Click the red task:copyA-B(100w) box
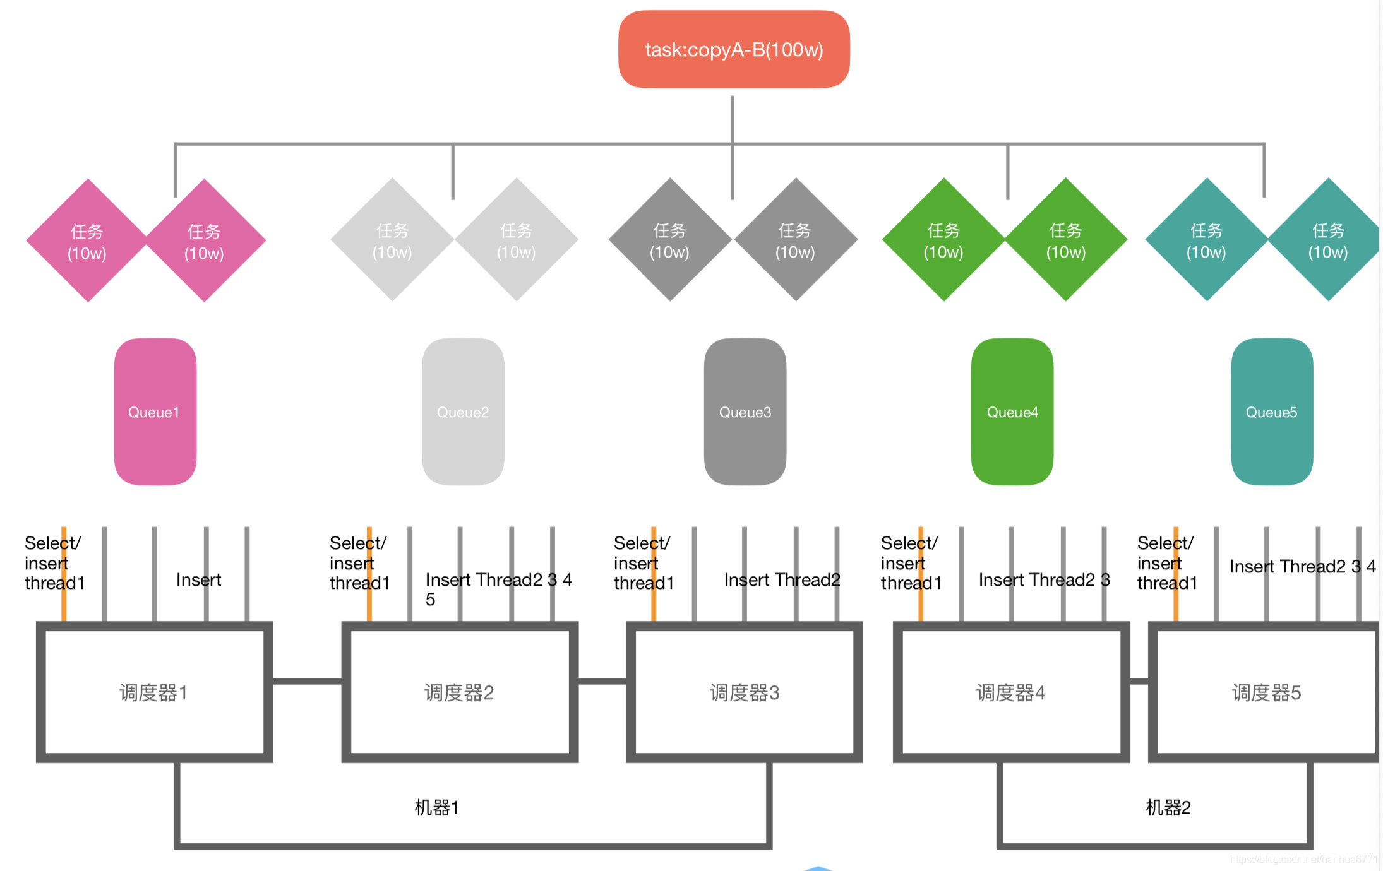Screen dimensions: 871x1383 pyautogui.click(x=734, y=49)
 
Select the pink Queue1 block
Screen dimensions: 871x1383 pyautogui.click(x=155, y=412)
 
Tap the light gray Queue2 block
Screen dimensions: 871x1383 pyautogui.click(x=463, y=412)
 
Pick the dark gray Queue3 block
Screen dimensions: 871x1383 pyautogui.click(x=745, y=412)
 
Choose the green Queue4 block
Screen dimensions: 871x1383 pyautogui.click(x=1012, y=412)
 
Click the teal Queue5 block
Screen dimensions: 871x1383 pyautogui.click(x=1272, y=412)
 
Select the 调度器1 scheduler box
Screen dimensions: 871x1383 pyautogui.click(x=154, y=692)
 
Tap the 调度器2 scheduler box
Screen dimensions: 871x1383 pyautogui.click(x=460, y=692)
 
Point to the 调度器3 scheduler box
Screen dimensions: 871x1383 pyautogui.click(x=745, y=692)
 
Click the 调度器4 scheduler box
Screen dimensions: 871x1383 pyautogui.click(x=1011, y=692)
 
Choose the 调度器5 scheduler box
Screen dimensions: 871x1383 pyautogui.click(x=1266, y=692)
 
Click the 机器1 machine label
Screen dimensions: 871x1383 pyautogui.click(x=436, y=807)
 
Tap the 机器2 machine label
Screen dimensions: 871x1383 pyautogui.click(x=1168, y=807)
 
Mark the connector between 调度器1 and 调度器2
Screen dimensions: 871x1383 pyautogui.click(x=307, y=681)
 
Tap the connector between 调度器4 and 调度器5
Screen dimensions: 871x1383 pyautogui.click(x=1139, y=681)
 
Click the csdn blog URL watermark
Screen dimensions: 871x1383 pyautogui.click(x=1303, y=859)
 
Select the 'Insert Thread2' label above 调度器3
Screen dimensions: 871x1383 pyautogui.click(x=782, y=579)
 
